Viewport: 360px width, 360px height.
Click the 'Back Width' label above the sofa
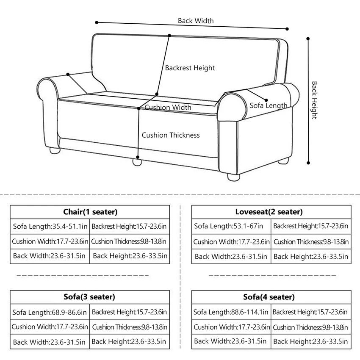196,21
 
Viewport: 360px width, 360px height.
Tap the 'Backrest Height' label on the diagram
190,68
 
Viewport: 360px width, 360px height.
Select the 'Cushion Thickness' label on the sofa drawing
171,135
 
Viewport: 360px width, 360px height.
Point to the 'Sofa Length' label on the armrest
268,105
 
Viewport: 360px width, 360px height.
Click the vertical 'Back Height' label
314,100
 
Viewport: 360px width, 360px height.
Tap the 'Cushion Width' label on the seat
168,108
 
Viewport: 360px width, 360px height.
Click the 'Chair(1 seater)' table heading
90,212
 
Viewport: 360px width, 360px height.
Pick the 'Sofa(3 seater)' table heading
90,297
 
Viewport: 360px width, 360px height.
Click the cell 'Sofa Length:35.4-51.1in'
50,226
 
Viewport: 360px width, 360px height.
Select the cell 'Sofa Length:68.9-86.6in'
50,313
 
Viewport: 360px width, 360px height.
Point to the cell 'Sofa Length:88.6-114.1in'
231,313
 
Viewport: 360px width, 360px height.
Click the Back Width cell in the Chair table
50,256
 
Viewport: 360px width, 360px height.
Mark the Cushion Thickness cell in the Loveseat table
311,242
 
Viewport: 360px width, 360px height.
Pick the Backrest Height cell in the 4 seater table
310,313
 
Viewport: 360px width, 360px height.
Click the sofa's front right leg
233,175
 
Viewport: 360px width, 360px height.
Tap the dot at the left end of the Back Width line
97,22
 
